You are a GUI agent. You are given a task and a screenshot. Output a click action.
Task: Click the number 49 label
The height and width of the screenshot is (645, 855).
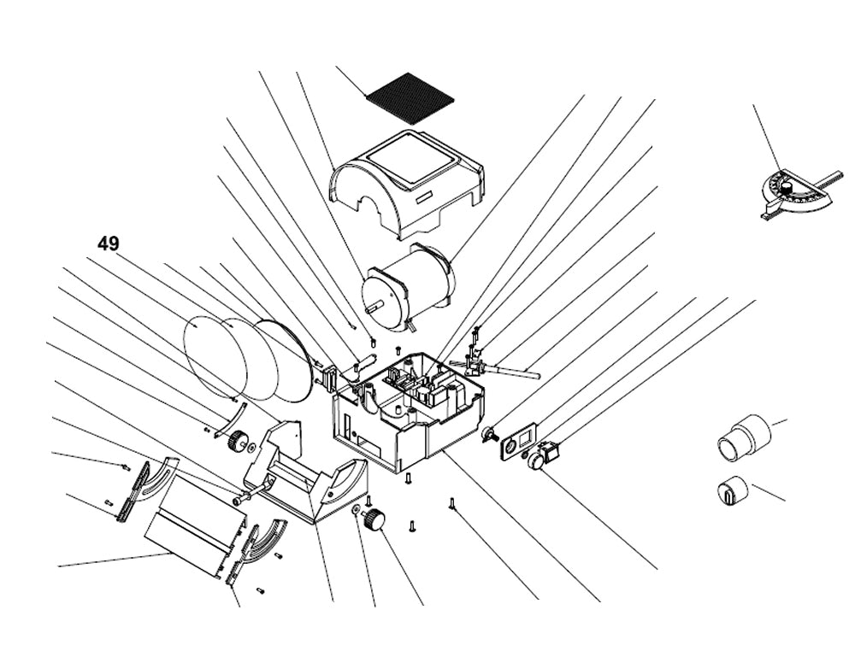pos(108,243)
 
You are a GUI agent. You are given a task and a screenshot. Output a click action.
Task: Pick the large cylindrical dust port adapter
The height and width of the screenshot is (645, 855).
pos(742,436)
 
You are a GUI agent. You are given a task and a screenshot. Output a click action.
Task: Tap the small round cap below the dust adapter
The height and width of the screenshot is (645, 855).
pos(731,491)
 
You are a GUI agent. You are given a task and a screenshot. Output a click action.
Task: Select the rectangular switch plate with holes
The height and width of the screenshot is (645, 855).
pos(517,445)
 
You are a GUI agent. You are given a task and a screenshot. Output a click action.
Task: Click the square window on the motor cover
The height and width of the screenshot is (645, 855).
pos(415,162)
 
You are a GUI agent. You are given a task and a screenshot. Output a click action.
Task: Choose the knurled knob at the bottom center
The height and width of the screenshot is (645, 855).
pos(374,519)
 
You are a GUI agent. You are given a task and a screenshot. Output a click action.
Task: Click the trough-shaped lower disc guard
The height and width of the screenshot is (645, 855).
pos(308,478)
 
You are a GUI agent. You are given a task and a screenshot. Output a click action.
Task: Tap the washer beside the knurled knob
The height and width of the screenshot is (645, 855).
pos(355,510)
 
